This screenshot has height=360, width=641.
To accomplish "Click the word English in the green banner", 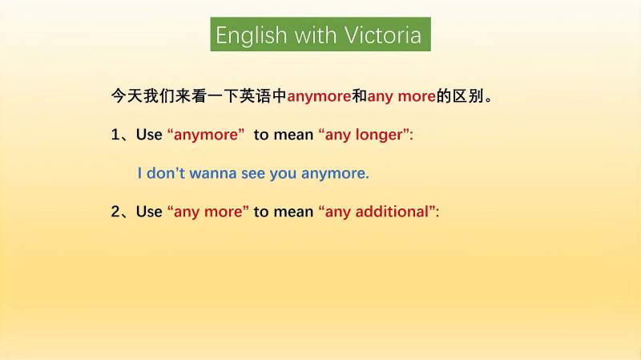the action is tap(252, 35).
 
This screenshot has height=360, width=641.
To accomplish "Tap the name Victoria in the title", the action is tap(383, 34).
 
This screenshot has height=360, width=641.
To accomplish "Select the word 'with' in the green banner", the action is tap(315, 34).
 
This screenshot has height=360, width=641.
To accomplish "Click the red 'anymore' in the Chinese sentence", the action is tap(319, 97).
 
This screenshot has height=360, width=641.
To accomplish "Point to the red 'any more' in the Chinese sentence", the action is tap(401, 97).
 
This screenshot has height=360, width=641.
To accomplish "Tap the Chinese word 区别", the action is tap(468, 96).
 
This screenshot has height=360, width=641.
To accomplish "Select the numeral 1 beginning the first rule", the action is tap(115, 135).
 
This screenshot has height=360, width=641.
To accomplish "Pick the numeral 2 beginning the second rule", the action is tap(115, 212).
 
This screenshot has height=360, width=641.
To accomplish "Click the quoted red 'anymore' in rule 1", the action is tap(206, 135).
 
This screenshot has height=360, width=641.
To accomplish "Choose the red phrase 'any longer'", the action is tap(364, 135).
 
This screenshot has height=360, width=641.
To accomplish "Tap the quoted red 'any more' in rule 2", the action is tap(208, 212).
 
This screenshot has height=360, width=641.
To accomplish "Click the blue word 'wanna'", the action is tap(213, 173).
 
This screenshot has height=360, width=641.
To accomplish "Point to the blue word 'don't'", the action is tap(166, 173).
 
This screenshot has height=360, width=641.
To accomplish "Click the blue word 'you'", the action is tap(284, 174).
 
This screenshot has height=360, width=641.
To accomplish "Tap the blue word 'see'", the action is tap(253, 174).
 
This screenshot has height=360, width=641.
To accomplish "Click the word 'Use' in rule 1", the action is tap(149, 135).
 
